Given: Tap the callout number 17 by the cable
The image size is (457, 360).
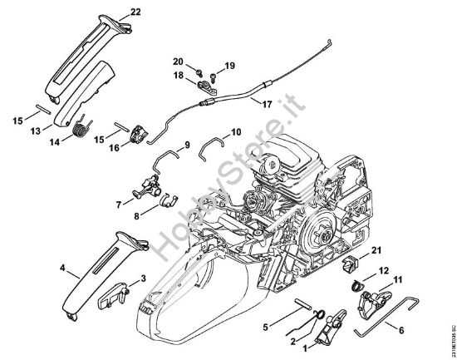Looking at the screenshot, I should pos(266,105).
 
